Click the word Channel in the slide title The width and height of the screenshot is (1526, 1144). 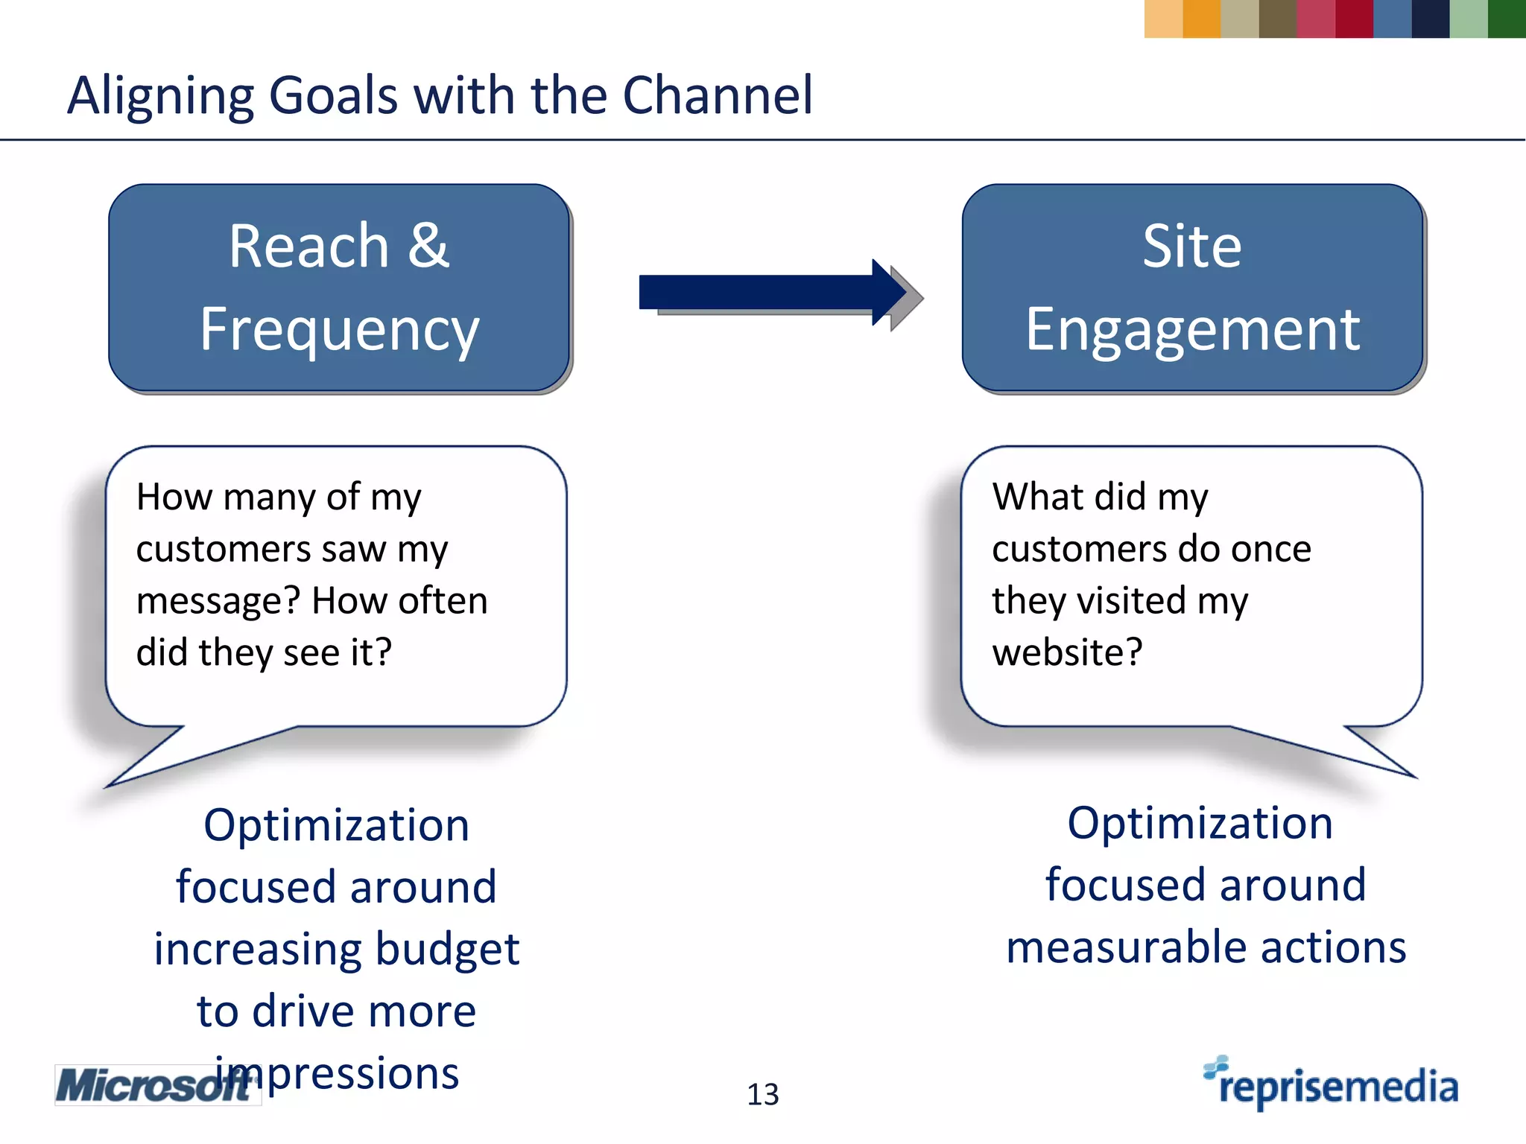(x=717, y=95)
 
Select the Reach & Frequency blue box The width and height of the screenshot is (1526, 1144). (x=339, y=287)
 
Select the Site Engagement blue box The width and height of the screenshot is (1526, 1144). (x=1192, y=287)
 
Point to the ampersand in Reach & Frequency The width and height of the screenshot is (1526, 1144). (x=428, y=246)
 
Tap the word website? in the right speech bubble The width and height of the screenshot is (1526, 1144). (x=1067, y=652)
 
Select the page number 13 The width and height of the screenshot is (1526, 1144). (x=762, y=1094)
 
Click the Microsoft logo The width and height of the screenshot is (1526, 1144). (x=153, y=1085)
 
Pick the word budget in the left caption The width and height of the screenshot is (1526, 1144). (x=447, y=950)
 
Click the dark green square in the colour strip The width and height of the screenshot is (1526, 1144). (x=1506, y=19)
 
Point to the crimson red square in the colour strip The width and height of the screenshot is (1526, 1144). (x=1354, y=19)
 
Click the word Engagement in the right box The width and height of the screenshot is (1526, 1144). (x=1192, y=329)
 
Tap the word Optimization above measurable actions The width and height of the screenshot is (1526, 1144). (x=1200, y=823)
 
